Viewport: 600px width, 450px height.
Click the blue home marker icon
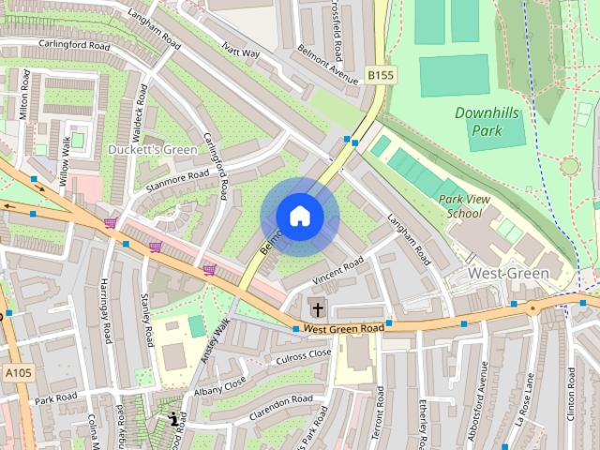pyautogui.click(x=299, y=217)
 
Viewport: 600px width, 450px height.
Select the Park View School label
pyautogui.click(x=465, y=205)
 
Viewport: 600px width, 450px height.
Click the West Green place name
pyautogui.click(x=507, y=273)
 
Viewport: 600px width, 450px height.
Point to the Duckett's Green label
pyautogui.click(x=152, y=150)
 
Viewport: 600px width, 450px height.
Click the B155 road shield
pyautogui.click(x=379, y=74)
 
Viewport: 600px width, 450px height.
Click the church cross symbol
pyautogui.click(x=317, y=307)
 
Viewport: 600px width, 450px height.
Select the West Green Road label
pyautogui.click(x=344, y=329)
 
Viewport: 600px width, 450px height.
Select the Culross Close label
pyautogui.click(x=302, y=355)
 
